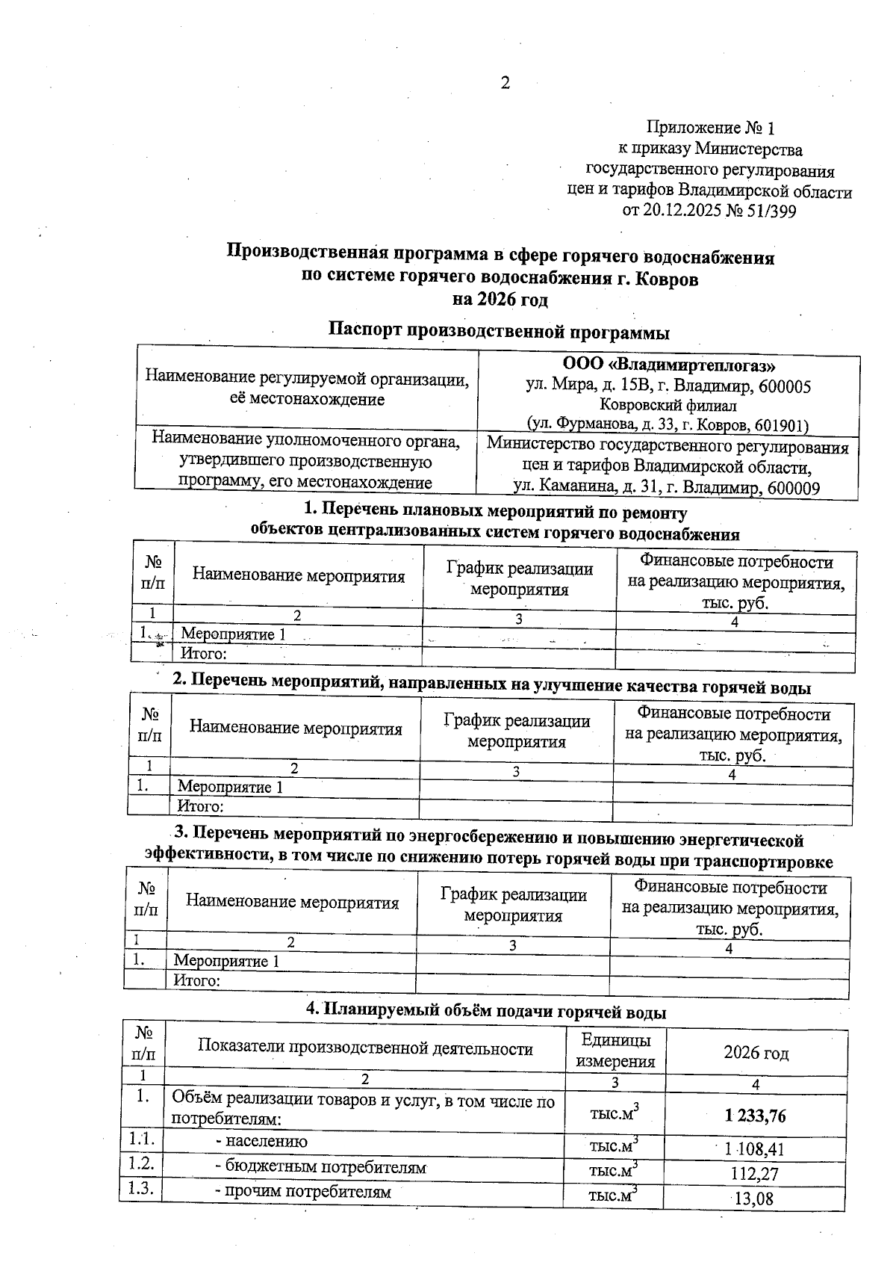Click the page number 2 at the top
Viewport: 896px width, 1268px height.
coord(505,83)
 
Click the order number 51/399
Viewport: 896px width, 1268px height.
coord(771,211)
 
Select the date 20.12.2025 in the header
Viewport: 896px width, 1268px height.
coord(682,211)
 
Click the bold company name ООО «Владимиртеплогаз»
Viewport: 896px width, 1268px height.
coord(668,366)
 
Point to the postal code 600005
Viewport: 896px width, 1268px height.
coord(785,386)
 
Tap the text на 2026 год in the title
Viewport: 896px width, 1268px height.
coord(500,300)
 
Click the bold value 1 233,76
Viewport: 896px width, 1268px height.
coord(755,1116)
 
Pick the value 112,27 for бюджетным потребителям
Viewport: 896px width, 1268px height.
coord(754,1174)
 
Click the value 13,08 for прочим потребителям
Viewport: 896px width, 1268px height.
coord(754,1199)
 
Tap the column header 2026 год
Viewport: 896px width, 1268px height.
coord(756,1053)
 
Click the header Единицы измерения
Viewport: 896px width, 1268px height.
coord(616,1051)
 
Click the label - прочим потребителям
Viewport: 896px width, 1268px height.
coord(303,1192)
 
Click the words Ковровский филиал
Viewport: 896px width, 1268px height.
coord(668,406)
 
